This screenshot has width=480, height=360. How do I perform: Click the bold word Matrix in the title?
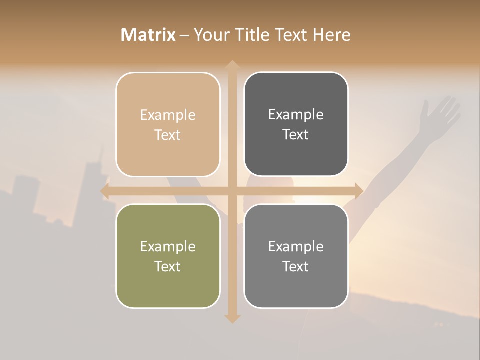tap(148, 35)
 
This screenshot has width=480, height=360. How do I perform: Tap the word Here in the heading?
tap(332, 35)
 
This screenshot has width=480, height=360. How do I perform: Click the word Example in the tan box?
tap(168, 115)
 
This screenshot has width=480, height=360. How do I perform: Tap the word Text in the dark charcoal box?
tap(296, 134)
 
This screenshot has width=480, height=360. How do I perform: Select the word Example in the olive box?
tap(168, 246)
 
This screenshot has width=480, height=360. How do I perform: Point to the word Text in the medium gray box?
tap(296, 266)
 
